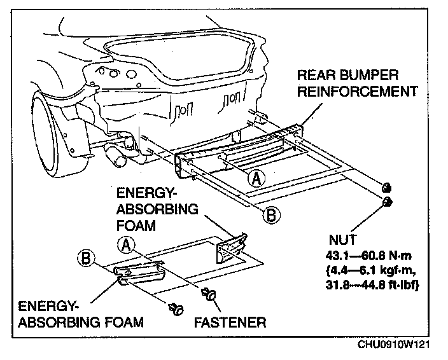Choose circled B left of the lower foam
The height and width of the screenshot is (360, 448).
point(85,258)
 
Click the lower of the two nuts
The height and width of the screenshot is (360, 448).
point(386,202)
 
